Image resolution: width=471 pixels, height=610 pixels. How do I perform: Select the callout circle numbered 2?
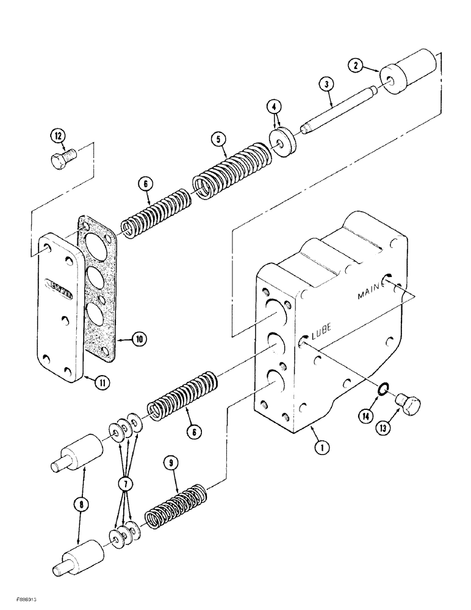click(354, 64)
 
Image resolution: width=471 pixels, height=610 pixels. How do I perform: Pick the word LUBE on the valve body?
click(321, 335)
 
